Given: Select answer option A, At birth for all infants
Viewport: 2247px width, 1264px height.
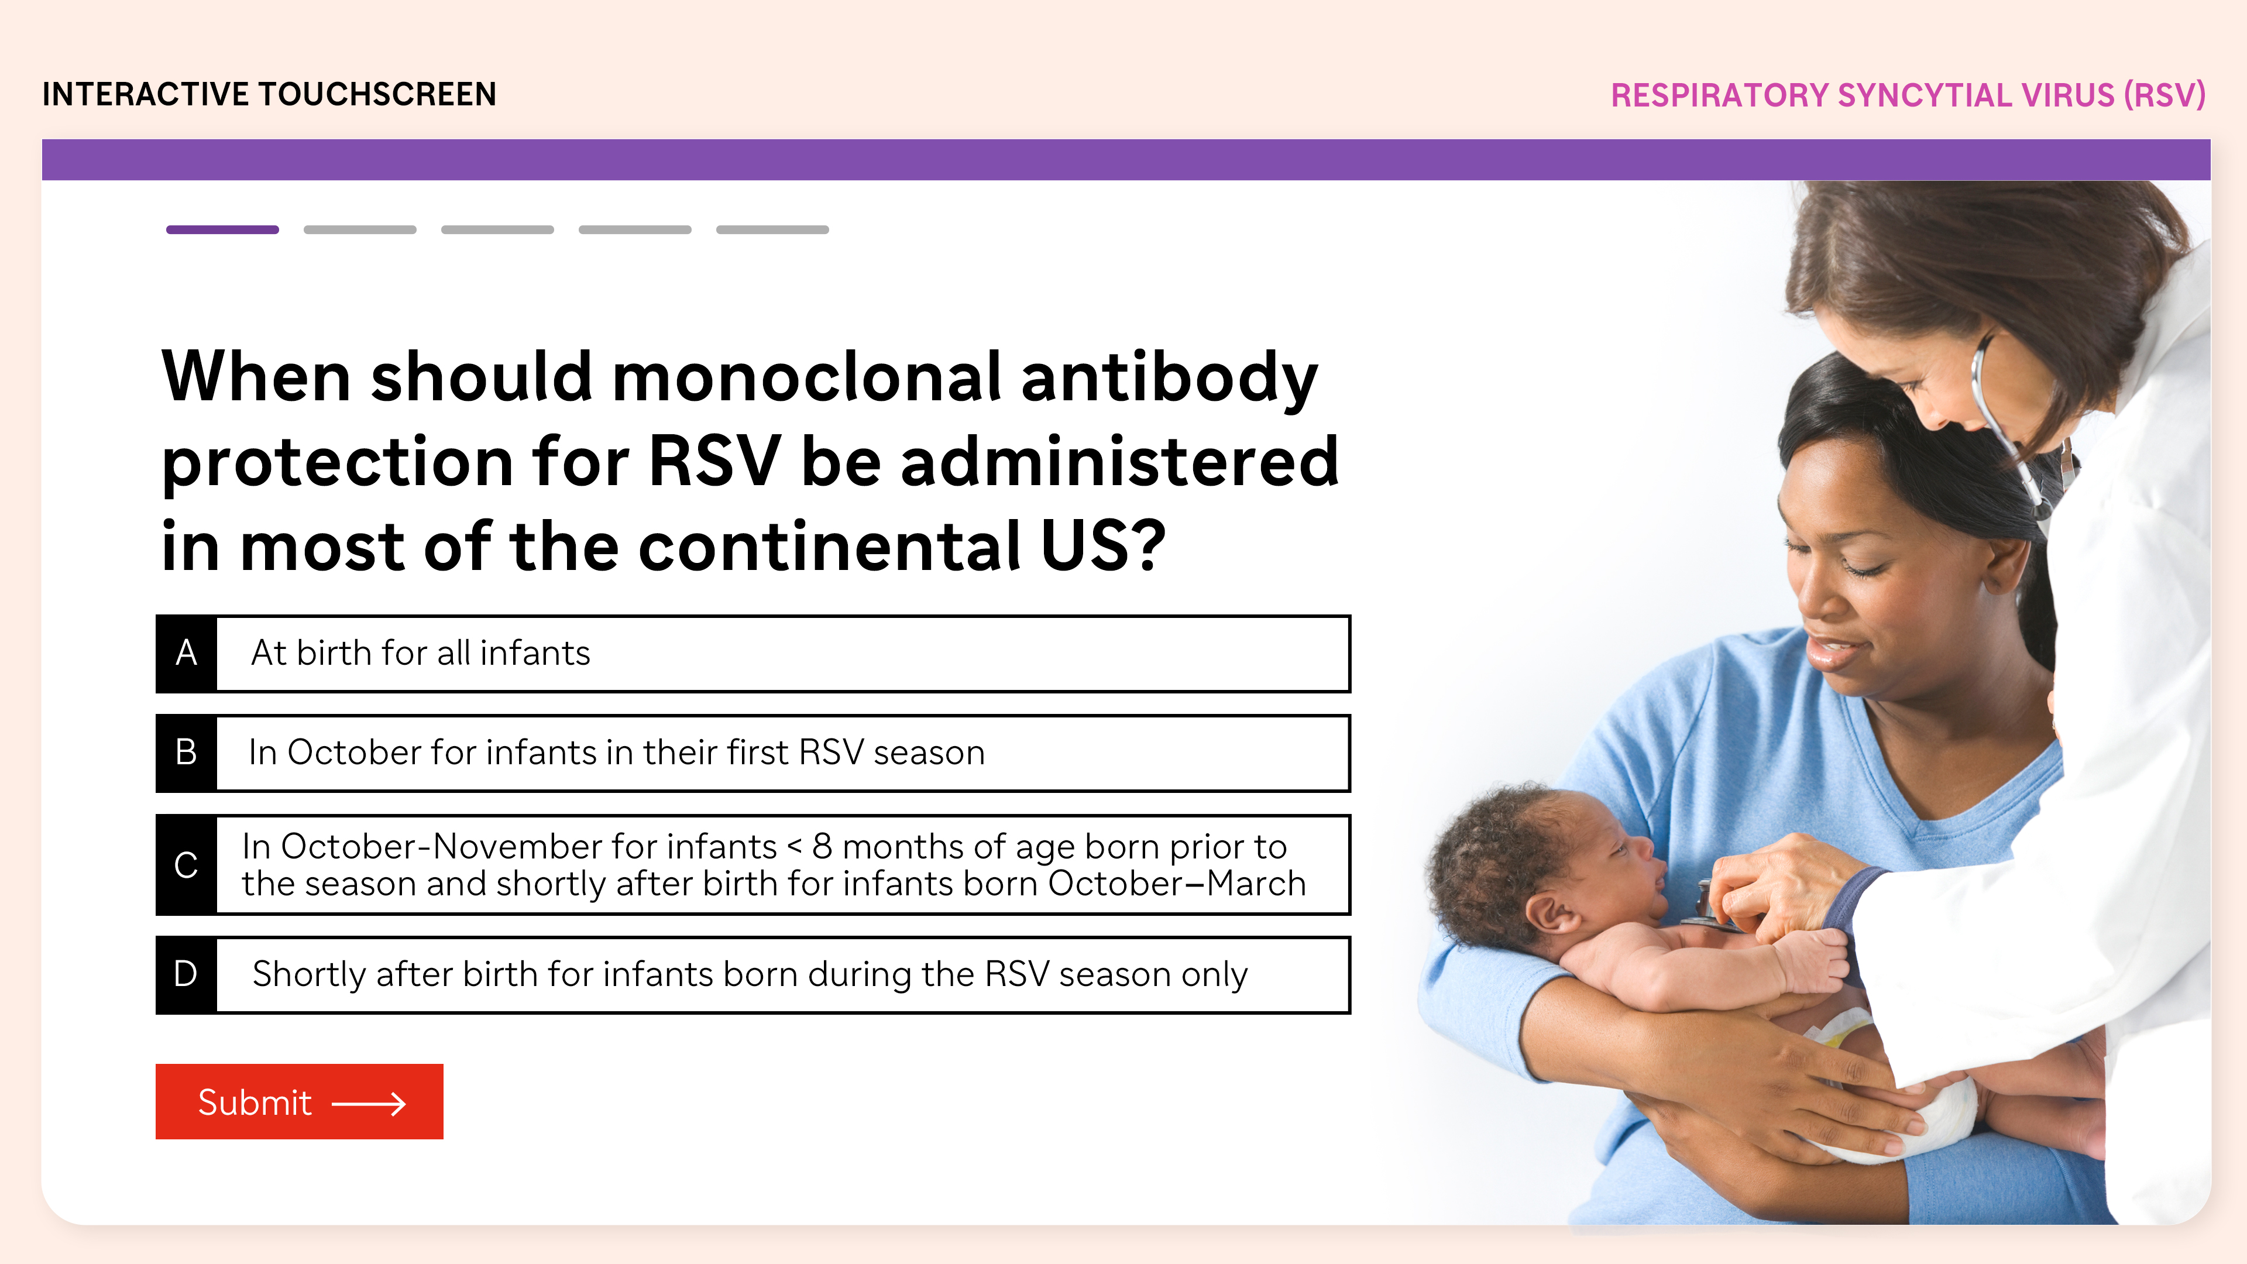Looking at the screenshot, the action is coord(753,654).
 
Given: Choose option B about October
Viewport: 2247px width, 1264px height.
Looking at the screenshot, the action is coord(753,753).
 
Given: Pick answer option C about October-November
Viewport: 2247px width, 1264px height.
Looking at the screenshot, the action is coord(753,864).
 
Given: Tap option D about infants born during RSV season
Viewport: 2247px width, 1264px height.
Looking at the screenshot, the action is coord(753,974).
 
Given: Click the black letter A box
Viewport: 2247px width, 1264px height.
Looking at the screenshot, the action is coord(187,654).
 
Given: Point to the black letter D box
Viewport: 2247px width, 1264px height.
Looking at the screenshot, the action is coord(187,974).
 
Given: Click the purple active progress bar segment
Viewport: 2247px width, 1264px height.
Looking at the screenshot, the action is coord(222,229).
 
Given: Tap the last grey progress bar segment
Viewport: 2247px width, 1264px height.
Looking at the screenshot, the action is coord(772,229).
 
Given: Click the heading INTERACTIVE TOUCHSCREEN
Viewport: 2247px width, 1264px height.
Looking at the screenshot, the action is coord(270,94).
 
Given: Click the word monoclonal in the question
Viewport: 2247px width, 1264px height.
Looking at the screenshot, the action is coord(807,377).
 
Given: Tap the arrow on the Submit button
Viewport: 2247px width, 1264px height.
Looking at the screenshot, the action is coord(369,1104).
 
